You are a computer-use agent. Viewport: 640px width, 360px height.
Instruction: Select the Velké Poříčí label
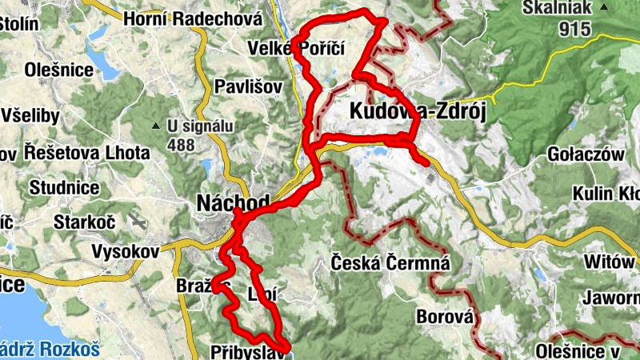pyautogui.click(x=296, y=49)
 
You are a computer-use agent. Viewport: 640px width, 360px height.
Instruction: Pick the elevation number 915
pyautogui.click(x=575, y=30)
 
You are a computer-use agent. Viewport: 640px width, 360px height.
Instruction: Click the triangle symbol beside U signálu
pyautogui.click(x=156, y=126)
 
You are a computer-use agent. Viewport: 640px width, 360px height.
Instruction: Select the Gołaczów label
pyautogui.click(x=586, y=154)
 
